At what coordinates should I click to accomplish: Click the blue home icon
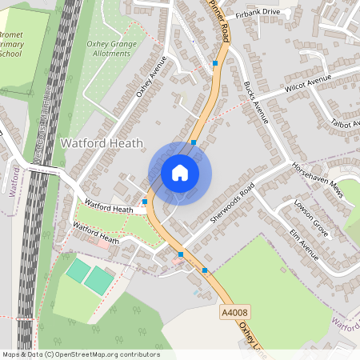[x=180, y=172]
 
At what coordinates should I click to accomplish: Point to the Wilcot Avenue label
[x=307, y=83]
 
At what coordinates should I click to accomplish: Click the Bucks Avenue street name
[x=254, y=101]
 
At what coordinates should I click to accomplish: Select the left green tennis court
[x=78, y=271]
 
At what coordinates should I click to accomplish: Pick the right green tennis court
[x=99, y=279]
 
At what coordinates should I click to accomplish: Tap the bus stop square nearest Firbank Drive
[x=215, y=62]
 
